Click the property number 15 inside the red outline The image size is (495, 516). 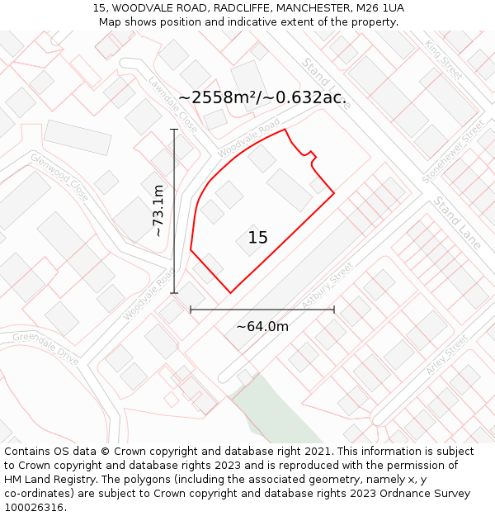(x=257, y=238)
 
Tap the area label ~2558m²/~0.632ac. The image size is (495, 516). (x=262, y=97)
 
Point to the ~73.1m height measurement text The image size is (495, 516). (x=159, y=211)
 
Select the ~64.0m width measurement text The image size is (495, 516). (x=262, y=326)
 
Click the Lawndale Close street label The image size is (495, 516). (x=173, y=104)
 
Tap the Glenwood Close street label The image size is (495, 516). (x=59, y=171)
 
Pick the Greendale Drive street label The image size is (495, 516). (x=45, y=348)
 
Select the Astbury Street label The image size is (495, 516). (x=328, y=286)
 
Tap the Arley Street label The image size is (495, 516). (x=448, y=355)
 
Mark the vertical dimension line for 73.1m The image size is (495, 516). (x=174, y=211)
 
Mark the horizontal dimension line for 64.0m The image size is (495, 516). (x=262, y=310)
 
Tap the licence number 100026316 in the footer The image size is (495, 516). (x=35, y=508)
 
